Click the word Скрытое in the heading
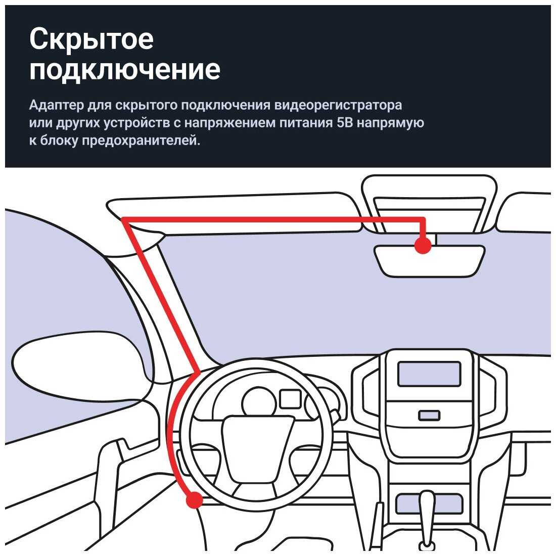[91, 39]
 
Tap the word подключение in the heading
[125, 70]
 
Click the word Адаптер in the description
[57, 105]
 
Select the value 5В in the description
[343, 123]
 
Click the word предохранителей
[141, 141]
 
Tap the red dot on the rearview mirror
[423, 245]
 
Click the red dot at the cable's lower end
[195, 500]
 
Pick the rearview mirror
[430, 260]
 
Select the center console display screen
[429, 374]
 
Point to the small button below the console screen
[429, 415]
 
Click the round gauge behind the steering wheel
[259, 402]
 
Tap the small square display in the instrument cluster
[291, 399]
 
